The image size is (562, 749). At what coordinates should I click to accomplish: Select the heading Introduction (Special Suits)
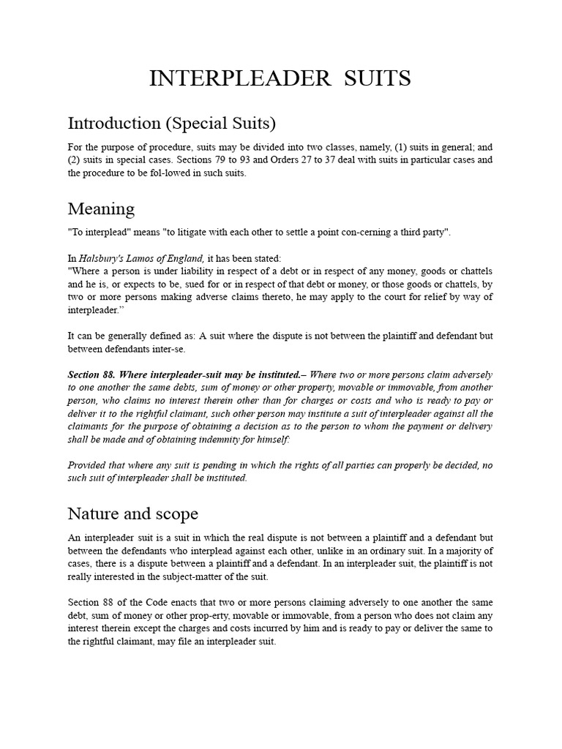click(172, 122)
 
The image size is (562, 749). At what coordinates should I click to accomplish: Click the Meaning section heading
click(101, 209)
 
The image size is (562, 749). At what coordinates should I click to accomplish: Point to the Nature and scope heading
click(133, 513)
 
